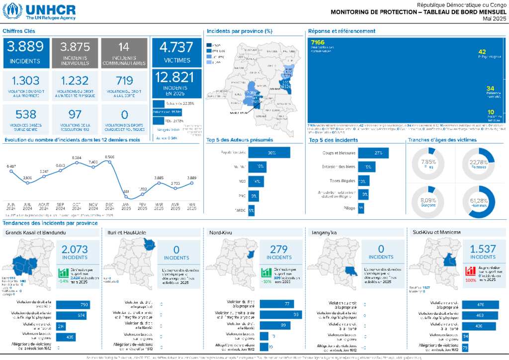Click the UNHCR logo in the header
point(40,11)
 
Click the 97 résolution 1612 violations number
point(75,115)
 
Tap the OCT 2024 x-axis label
point(77,206)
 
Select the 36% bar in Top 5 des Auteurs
point(269,153)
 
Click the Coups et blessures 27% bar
point(373,153)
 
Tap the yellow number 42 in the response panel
point(482,52)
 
